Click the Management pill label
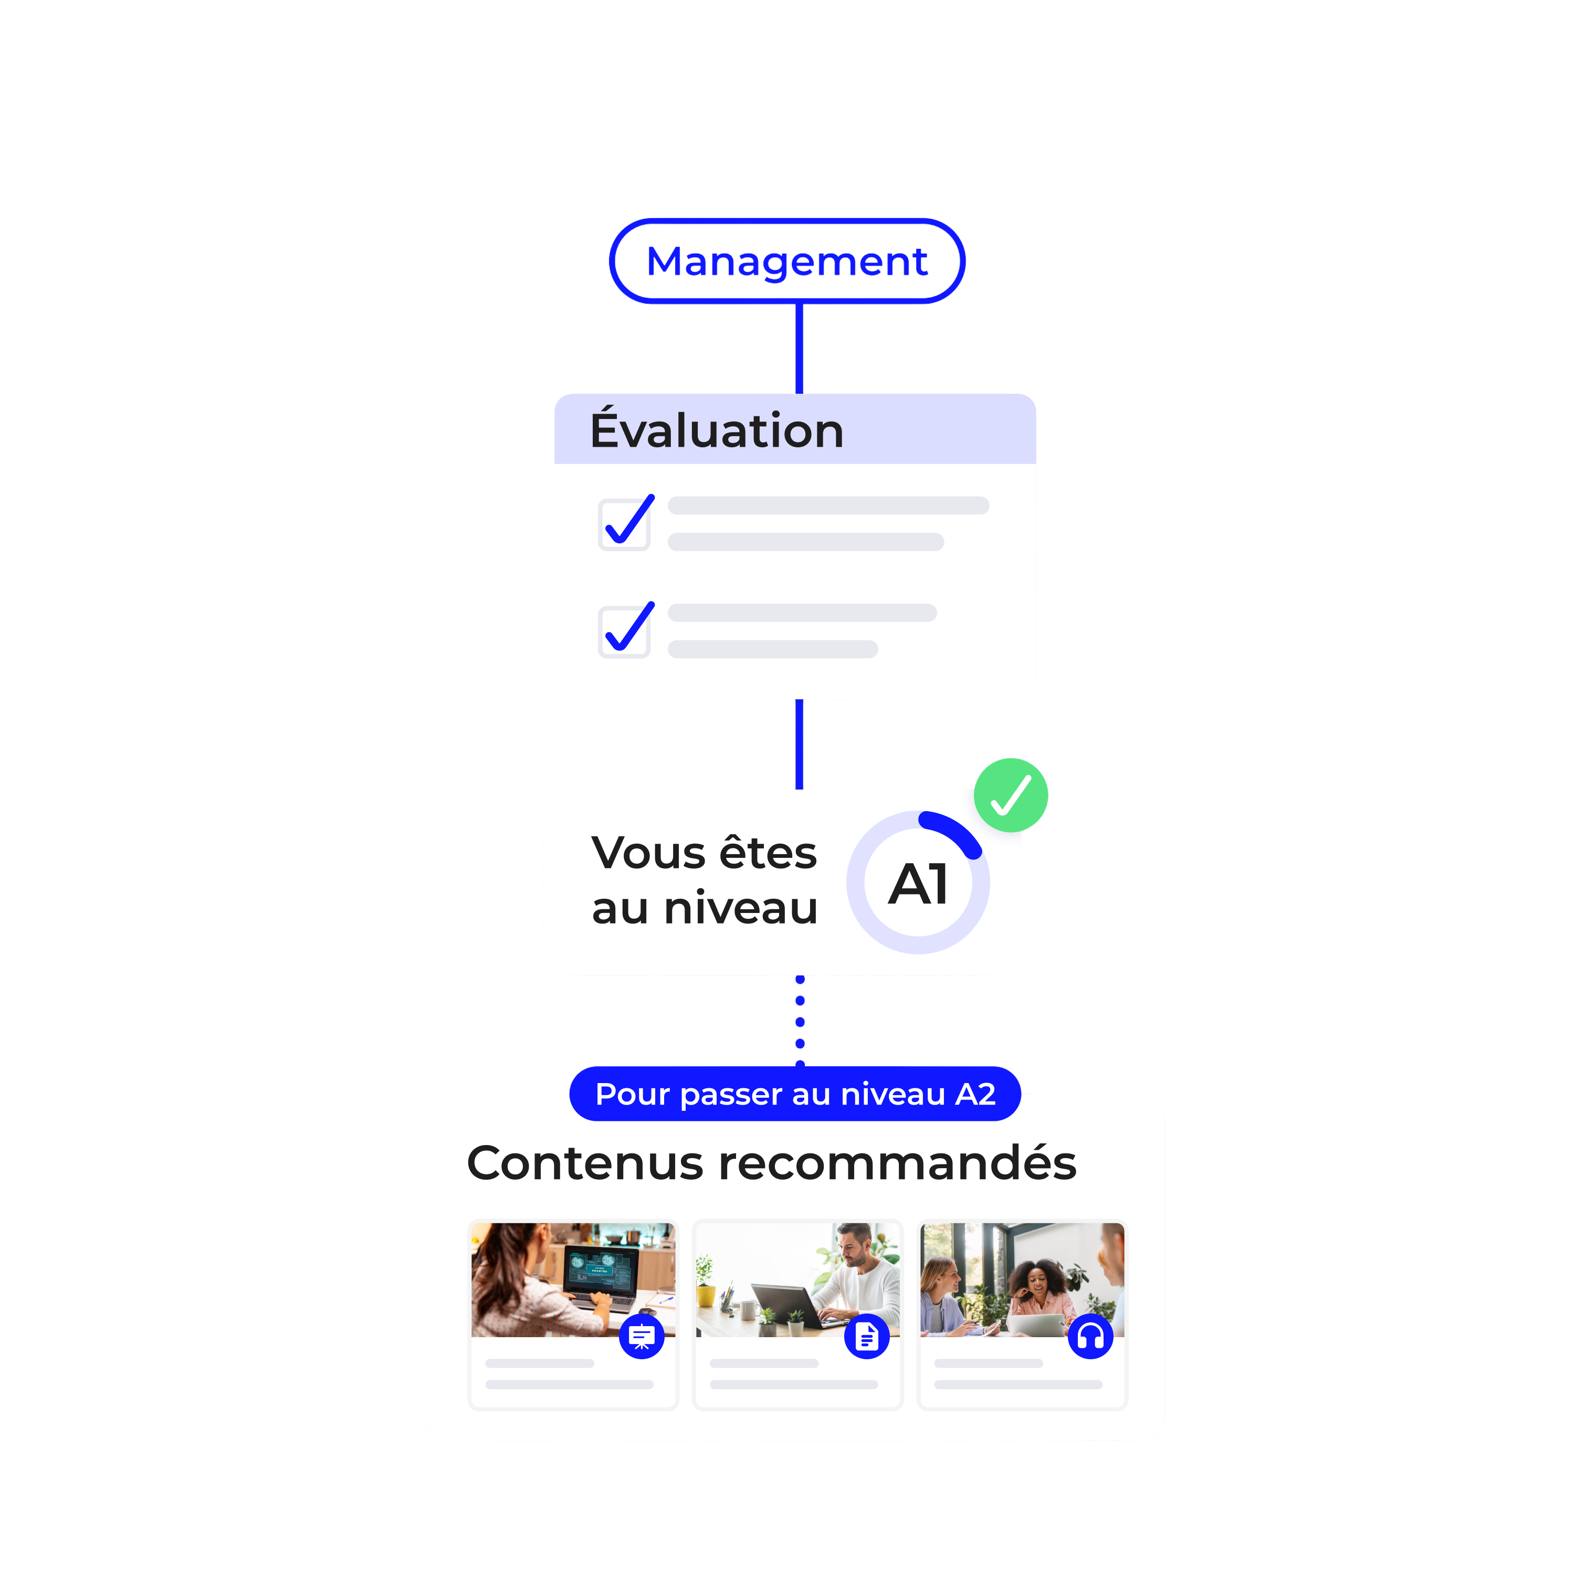[x=786, y=261]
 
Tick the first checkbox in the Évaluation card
[x=624, y=524]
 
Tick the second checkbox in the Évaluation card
[x=624, y=631]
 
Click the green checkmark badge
[x=1011, y=795]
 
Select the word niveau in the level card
[x=740, y=908]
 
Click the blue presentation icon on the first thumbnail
[x=642, y=1337]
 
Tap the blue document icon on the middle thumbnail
[x=867, y=1337]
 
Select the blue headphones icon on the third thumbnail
[x=1091, y=1337]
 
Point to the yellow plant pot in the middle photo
[x=706, y=1295]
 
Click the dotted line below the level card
[x=800, y=1022]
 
